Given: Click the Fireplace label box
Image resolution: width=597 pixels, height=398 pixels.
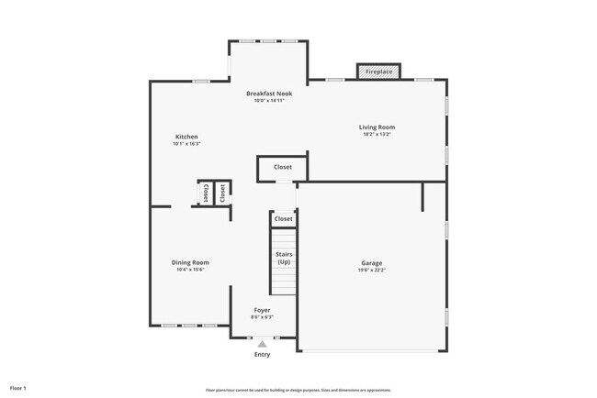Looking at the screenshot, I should coord(378,72).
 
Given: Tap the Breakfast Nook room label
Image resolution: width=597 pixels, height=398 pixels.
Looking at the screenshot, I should coord(269,94).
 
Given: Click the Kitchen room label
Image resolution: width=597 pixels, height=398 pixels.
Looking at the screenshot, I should coord(186,137).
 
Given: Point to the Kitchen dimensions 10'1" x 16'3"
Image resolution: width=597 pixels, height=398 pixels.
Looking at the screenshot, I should coord(186,144).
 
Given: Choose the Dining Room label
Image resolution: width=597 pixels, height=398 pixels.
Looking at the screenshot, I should coord(190,263).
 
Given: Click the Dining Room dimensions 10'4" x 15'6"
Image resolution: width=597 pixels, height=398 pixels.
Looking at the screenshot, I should coord(190,271).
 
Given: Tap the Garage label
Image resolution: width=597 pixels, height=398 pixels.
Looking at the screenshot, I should coord(372,263).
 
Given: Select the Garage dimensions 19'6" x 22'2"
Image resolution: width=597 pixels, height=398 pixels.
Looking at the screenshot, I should coord(372,271).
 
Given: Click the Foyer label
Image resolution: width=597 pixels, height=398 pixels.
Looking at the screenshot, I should coord(262,310).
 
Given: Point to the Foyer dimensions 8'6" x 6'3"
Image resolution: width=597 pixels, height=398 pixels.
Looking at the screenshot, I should coord(262,317).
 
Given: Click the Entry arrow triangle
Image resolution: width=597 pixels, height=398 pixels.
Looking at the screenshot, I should coord(262,344).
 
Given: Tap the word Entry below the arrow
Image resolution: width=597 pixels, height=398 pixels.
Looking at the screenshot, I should coord(262,355).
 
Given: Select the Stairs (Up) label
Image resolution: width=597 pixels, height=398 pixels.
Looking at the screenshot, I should coord(284,258).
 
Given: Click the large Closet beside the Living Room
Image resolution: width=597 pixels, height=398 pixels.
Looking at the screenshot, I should coord(283,168).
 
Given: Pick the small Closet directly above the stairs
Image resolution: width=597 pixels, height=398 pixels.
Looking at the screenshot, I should coord(284,219).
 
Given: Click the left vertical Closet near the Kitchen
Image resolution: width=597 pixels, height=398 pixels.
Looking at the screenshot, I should coord(206,193).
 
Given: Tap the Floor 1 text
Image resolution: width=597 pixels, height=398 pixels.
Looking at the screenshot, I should coord(19,388).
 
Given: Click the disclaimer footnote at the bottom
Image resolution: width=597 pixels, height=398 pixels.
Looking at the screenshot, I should coord(298,389).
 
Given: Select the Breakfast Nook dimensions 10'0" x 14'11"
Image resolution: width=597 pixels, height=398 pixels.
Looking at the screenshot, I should coord(269,101).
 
